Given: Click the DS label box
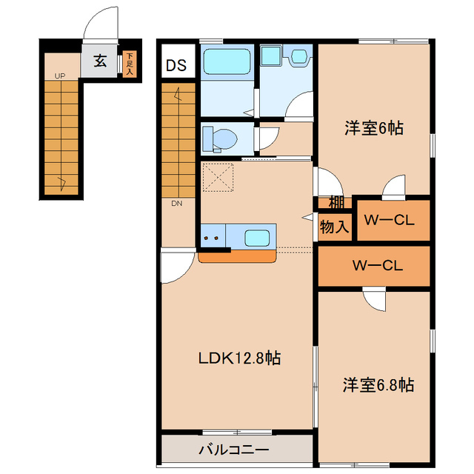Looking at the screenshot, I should [176, 65].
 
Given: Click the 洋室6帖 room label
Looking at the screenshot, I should [373, 127].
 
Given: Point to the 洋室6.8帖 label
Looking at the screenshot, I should [378, 385].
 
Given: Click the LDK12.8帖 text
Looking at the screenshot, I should [238, 358].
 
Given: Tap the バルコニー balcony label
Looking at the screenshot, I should [233, 450].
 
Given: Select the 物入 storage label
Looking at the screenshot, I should [335, 226].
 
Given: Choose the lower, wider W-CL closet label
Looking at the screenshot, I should [377, 264].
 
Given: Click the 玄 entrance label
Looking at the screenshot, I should [99, 61].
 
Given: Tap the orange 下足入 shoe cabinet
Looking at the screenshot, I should [130, 64].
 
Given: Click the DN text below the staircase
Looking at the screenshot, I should [177, 203].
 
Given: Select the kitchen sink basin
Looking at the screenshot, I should [256, 238].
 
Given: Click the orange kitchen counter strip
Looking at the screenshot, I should [237, 256].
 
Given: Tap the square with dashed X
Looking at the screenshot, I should [218, 178].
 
